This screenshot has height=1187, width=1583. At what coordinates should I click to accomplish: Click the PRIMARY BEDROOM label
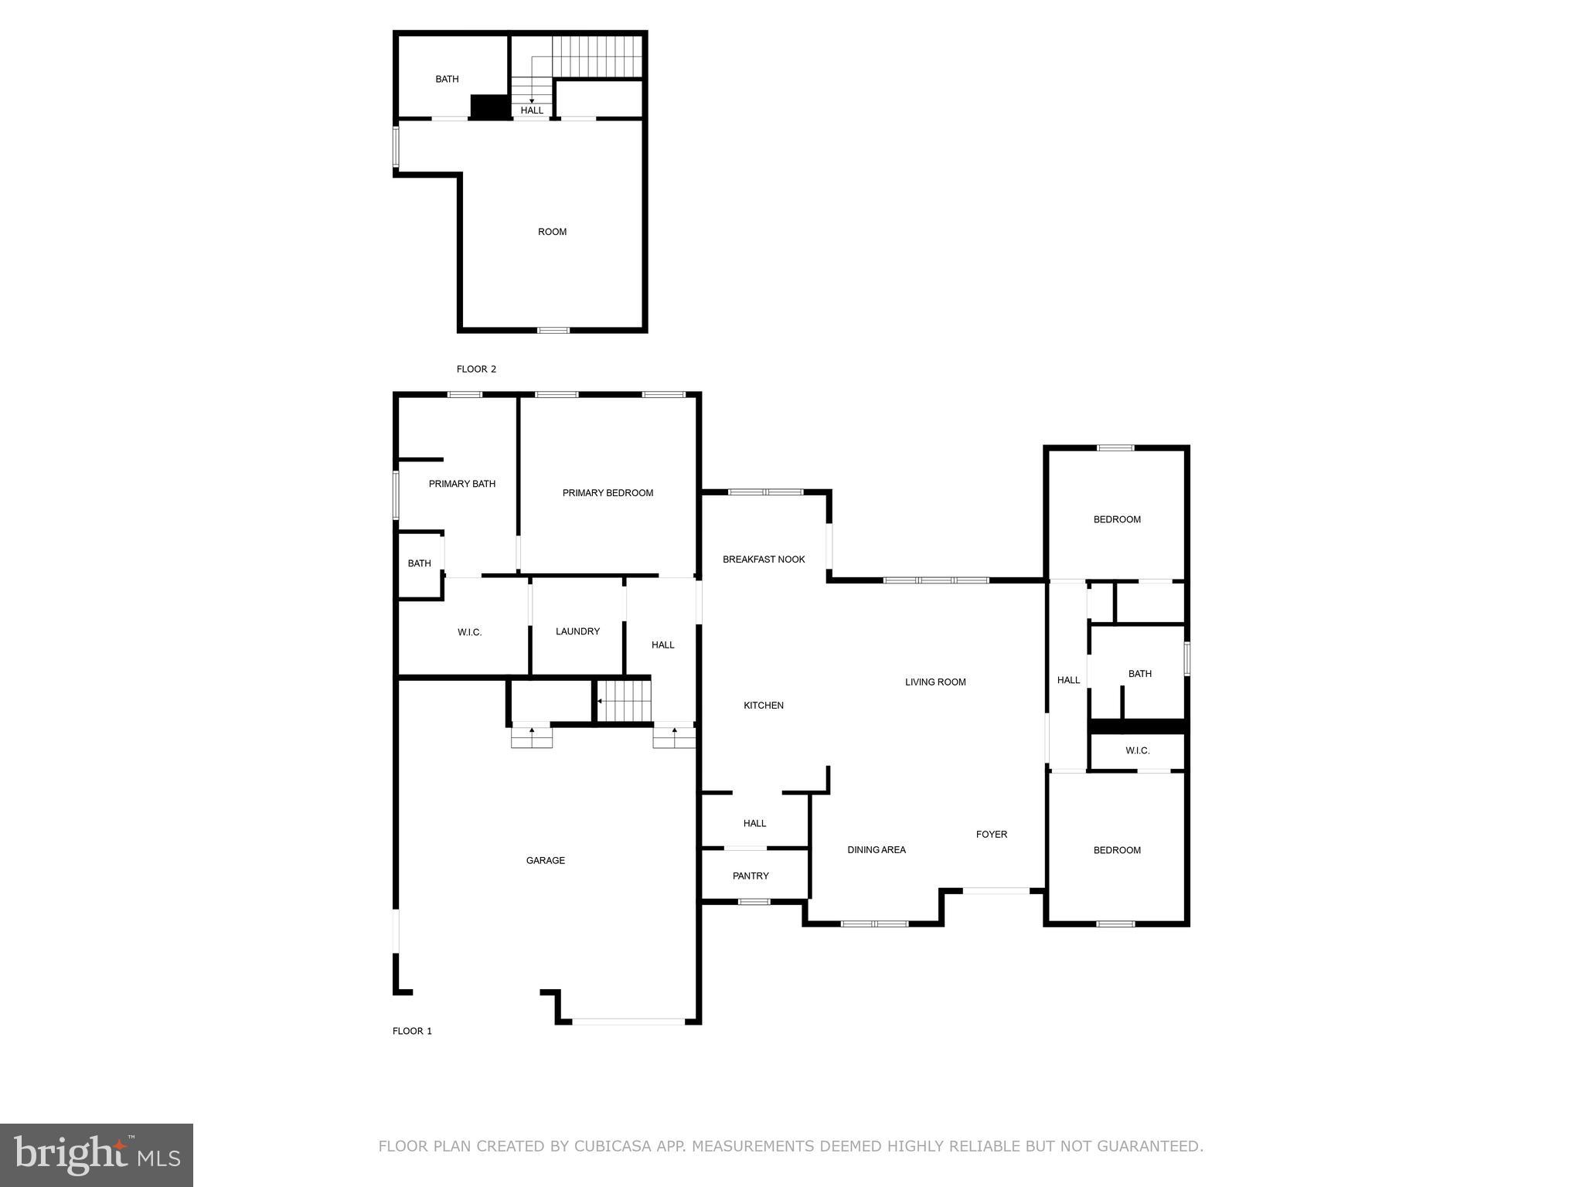(608, 493)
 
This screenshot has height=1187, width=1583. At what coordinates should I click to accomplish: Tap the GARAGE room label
(546, 860)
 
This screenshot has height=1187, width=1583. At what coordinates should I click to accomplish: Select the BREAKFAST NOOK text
(764, 559)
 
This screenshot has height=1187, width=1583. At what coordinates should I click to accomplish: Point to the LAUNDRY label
(577, 631)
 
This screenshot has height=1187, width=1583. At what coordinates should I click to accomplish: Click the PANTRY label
(751, 876)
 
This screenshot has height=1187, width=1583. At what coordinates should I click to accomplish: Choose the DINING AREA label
(876, 850)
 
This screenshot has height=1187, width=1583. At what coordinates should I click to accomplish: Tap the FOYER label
(991, 835)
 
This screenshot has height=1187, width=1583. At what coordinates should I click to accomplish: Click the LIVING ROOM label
(935, 682)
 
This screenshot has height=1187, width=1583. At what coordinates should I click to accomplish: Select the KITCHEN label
(764, 706)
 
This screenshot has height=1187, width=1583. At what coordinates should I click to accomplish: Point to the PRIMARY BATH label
(462, 484)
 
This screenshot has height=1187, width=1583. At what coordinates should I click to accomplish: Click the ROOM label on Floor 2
(552, 232)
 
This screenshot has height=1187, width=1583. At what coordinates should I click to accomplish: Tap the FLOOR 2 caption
(476, 369)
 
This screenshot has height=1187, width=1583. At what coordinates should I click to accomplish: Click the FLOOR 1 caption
(412, 1031)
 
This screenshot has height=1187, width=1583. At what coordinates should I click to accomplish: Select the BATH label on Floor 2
(447, 79)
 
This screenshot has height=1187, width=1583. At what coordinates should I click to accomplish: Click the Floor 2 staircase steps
(597, 56)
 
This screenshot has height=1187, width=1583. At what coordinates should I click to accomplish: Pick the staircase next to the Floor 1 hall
(625, 700)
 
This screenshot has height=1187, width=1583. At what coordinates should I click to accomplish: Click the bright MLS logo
(97, 1155)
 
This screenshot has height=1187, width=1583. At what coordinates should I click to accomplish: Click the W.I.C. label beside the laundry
(469, 632)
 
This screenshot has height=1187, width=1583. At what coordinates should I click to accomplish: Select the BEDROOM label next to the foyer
(1117, 850)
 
